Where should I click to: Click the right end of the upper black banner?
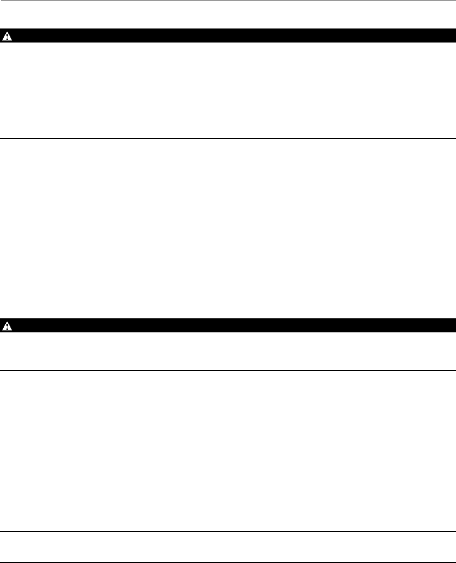[454, 36]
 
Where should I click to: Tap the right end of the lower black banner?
[454, 326]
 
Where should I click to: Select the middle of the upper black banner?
[228, 36]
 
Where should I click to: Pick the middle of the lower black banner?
[228, 326]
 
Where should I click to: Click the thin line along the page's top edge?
[228, 0]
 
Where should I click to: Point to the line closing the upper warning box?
[228, 138]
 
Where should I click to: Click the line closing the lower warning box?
[228, 370]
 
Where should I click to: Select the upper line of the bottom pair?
[228, 532]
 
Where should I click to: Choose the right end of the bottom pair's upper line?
[454, 532]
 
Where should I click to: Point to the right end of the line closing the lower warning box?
[454, 370]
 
